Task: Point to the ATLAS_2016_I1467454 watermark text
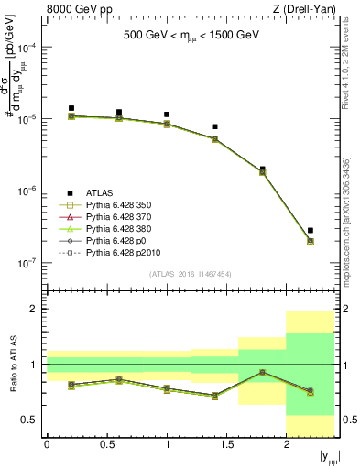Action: click(190, 275)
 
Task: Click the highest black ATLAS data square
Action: click(71, 108)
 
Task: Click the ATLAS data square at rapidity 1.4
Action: click(214, 126)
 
